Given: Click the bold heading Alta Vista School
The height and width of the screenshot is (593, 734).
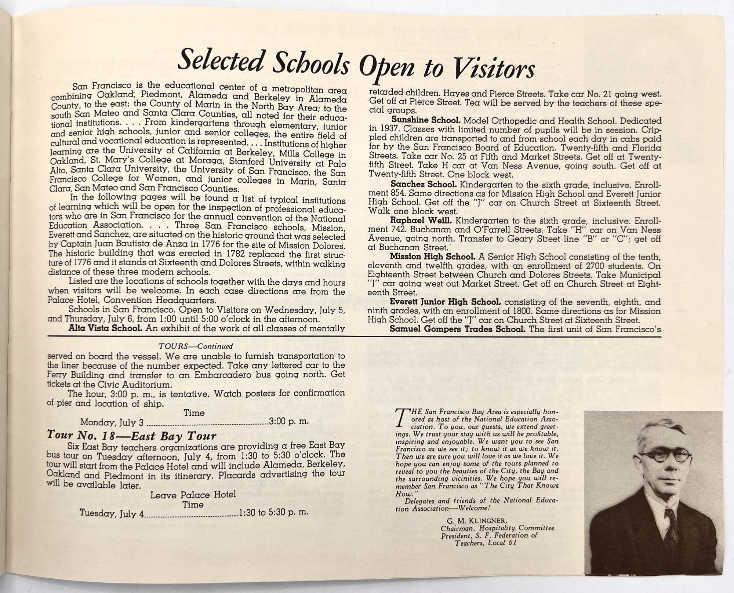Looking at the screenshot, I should pyautogui.click(x=105, y=328).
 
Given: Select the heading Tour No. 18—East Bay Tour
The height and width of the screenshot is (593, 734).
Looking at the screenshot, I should pyautogui.click(x=132, y=436).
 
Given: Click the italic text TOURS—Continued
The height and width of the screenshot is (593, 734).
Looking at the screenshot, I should pyautogui.click(x=196, y=346).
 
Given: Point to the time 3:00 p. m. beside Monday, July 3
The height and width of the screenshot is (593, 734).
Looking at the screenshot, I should pyautogui.click(x=289, y=422).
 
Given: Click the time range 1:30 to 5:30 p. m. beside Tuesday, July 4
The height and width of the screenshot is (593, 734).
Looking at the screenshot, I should pyautogui.click(x=273, y=512).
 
